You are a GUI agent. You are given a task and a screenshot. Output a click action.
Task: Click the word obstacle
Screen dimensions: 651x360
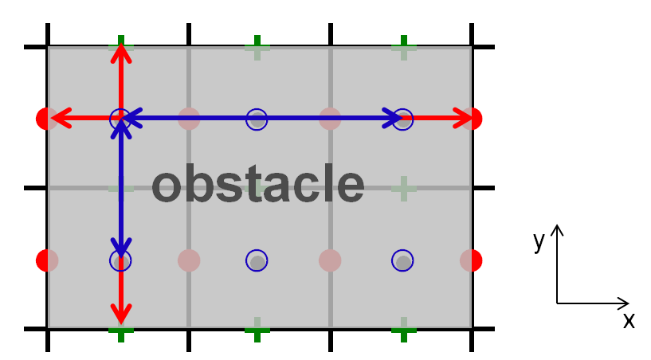[x=258, y=183]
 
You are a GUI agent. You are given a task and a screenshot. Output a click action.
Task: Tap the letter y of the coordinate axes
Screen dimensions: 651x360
[x=539, y=241]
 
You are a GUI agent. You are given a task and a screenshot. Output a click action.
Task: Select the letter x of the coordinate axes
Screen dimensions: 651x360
[x=629, y=320]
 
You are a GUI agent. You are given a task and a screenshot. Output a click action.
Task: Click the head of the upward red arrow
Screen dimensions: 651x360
[x=121, y=52]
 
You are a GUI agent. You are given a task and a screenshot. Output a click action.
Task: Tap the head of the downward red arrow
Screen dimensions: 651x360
[x=121, y=315]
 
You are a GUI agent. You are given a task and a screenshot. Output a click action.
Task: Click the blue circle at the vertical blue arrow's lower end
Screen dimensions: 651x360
[x=120, y=260]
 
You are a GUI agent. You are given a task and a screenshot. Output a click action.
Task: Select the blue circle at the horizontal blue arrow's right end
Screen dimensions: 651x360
[x=402, y=119]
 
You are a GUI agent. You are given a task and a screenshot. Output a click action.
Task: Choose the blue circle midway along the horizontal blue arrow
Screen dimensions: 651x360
[x=257, y=119]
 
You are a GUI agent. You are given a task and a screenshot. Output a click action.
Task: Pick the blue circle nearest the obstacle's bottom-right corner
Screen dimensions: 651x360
[x=402, y=260]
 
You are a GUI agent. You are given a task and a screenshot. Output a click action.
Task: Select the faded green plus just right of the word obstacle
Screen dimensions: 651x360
[x=404, y=189]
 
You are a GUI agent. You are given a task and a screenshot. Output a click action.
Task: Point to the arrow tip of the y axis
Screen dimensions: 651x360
[x=557, y=225]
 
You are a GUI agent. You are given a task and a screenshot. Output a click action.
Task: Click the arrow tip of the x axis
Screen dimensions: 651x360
[x=629, y=303]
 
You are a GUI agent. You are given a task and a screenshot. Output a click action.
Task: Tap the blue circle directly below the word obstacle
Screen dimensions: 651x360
[x=257, y=260]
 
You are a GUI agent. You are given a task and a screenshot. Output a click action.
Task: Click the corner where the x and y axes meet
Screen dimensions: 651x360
[x=557, y=303]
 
